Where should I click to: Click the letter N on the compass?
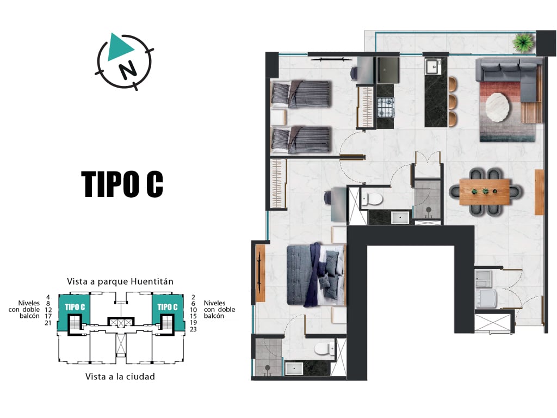click(x=127, y=69)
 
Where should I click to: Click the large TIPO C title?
click(x=122, y=184)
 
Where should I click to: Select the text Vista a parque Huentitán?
click(x=120, y=281)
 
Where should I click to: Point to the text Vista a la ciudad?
click(x=120, y=377)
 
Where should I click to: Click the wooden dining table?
click(x=485, y=192)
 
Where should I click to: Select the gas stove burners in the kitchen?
click(x=386, y=107)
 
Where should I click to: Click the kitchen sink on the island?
click(x=432, y=66)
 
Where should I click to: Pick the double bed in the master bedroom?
click(x=316, y=274)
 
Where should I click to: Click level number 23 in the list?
click(x=193, y=329)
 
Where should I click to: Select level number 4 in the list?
click(x=48, y=297)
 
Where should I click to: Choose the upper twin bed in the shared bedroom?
click(x=301, y=94)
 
